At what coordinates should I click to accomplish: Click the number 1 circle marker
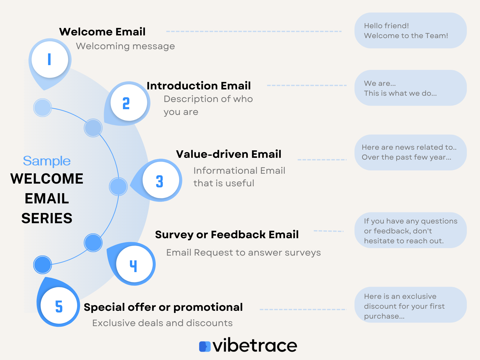coord(50,59)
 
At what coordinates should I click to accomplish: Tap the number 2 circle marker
coord(129,103)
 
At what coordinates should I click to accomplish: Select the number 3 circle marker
coord(160,180)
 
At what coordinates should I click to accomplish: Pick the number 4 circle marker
coord(134,264)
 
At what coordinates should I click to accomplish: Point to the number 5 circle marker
coord(59,306)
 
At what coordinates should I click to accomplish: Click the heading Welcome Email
coord(102,32)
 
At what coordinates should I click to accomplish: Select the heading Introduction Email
coord(198,86)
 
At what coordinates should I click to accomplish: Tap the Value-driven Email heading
coord(228,154)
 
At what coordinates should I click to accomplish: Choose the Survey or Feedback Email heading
coord(226,235)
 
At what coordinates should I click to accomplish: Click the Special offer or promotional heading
coord(163,307)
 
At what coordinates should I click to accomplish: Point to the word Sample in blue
coord(47,161)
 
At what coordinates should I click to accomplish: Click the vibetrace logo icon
coord(205,346)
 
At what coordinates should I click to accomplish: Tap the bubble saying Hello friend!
coord(410,31)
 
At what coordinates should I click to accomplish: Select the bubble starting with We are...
coord(410,88)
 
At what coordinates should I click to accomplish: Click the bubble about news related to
coord(410,152)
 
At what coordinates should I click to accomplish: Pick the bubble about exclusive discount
coord(410,305)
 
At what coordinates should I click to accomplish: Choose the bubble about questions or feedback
coord(410,230)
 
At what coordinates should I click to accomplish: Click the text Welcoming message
coord(125,46)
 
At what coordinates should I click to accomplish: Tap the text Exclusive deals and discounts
coord(162,323)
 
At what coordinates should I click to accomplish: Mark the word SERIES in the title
coord(47,218)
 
